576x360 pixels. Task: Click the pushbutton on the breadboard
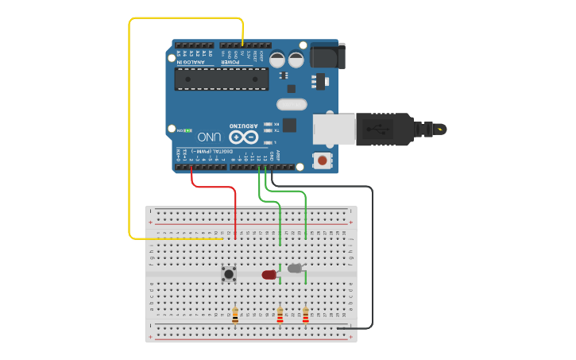pyautogui.click(x=229, y=274)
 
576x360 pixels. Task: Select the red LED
pyautogui.click(x=269, y=275)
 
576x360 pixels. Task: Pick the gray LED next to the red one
pyautogui.click(x=295, y=269)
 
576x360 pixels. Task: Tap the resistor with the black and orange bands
pyautogui.click(x=234, y=315)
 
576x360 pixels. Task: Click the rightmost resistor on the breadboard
pyautogui.click(x=306, y=315)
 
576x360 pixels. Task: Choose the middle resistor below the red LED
pyautogui.click(x=280, y=315)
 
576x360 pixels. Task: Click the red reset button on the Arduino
pyautogui.click(x=322, y=160)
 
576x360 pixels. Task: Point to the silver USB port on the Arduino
pyautogui.click(x=333, y=130)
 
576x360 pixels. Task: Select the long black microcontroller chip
pyautogui.click(x=222, y=79)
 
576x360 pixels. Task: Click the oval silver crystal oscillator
pyautogui.click(x=291, y=104)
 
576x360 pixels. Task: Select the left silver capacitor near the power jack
pyautogui.click(x=277, y=60)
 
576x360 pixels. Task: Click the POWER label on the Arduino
pyautogui.click(x=229, y=61)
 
